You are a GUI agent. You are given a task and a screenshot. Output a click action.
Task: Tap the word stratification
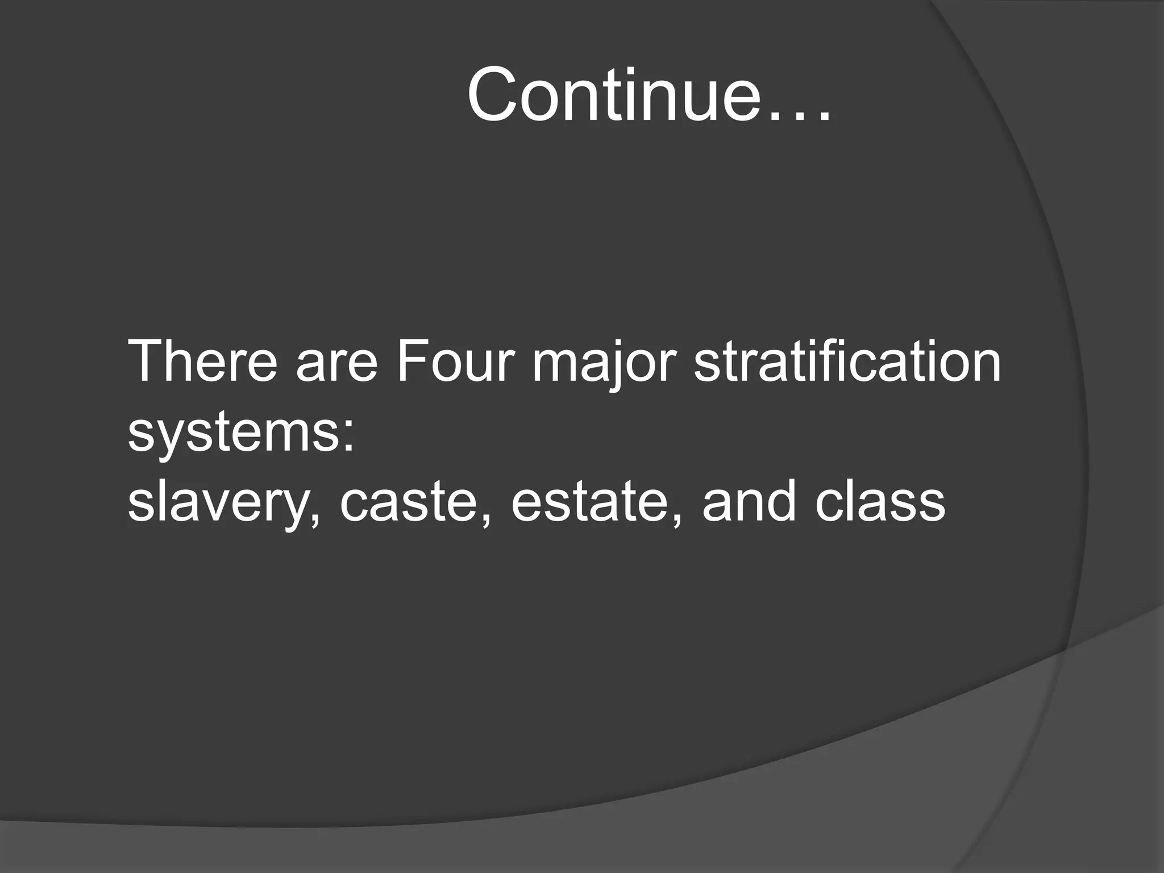tap(847, 361)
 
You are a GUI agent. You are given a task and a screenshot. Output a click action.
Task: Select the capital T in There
tap(147, 361)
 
